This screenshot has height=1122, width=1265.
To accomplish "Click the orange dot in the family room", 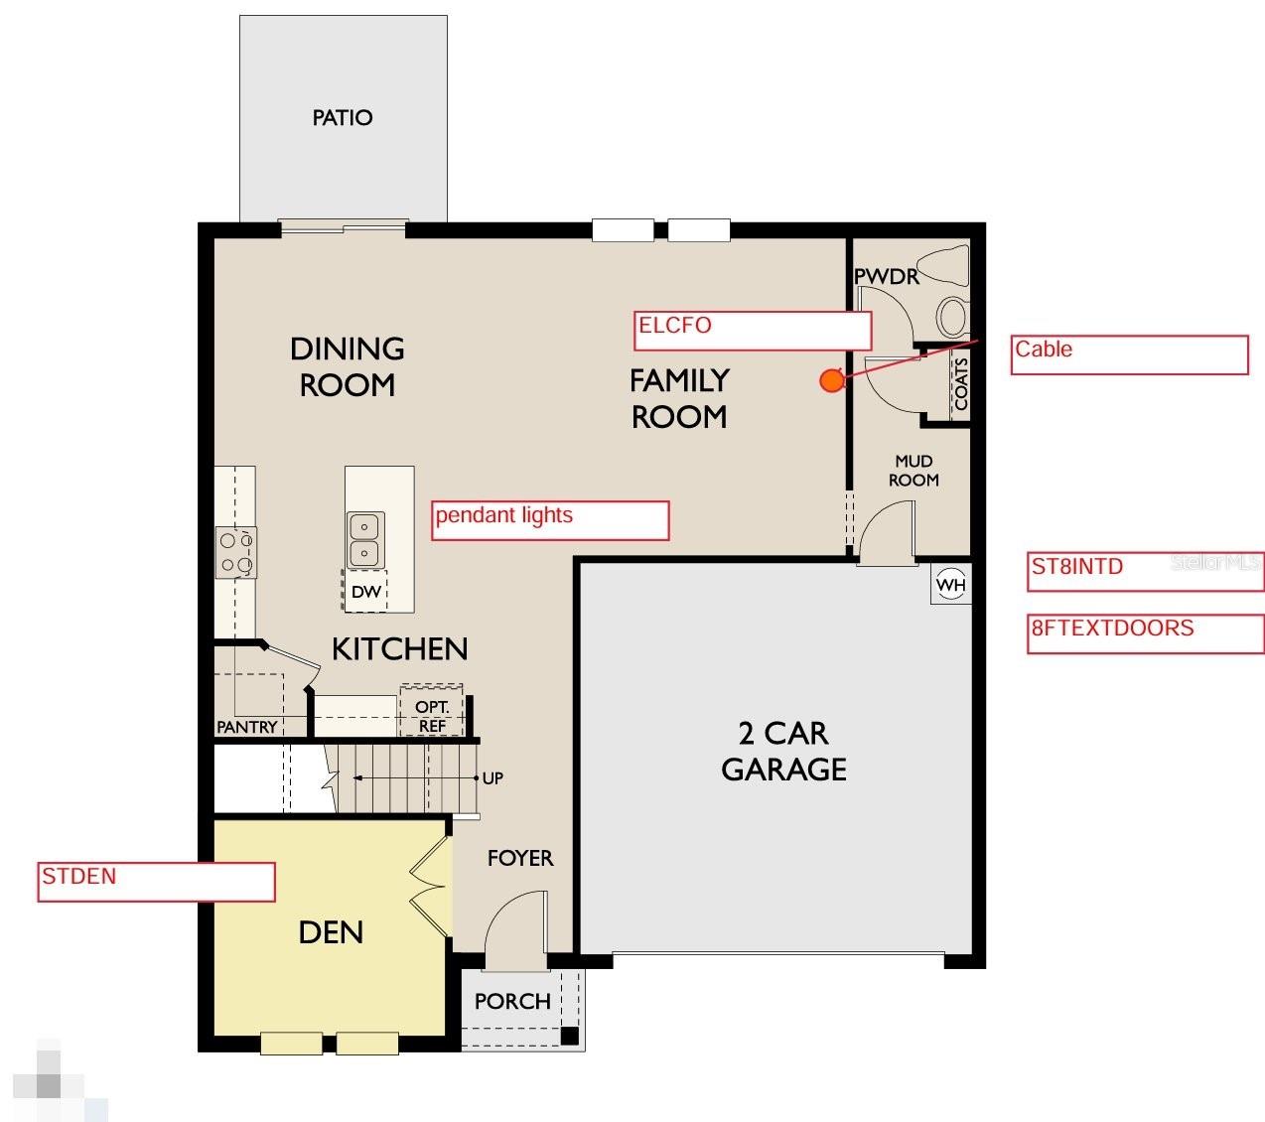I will click(x=831, y=380).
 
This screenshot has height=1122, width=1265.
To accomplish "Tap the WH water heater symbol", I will click(x=950, y=585).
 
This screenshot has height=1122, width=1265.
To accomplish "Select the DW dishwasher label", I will click(x=365, y=592).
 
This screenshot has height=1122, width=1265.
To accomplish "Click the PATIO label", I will click(x=343, y=118).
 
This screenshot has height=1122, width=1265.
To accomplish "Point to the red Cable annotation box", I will click(x=1128, y=354).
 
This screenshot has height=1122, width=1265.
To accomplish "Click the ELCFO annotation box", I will click(x=752, y=331).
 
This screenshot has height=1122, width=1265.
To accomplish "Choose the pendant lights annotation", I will click(x=549, y=520).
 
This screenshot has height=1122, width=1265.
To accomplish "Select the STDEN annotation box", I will click(x=155, y=882).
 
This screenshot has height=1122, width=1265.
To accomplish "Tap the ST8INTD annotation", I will click(x=1144, y=571).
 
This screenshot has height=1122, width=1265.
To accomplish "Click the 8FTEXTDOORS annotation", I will click(x=1145, y=633).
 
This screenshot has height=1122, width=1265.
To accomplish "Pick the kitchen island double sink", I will click(x=365, y=540).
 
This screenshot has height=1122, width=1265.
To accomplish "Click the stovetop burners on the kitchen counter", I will click(x=236, y=553).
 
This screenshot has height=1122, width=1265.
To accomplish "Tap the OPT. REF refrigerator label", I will click(x=432, y=716).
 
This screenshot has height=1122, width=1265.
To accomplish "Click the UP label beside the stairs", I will click(x=492, y=777).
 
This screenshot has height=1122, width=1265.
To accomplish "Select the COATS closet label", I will click(x=960, y=384).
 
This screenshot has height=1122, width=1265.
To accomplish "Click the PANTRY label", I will click(x=247, y=727).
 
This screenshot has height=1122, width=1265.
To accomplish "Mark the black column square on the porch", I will click(x=570, y=1035).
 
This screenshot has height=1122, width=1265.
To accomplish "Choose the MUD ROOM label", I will click(x=914, y=471).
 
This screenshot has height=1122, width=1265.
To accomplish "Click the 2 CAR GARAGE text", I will click(x=783, y=751).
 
